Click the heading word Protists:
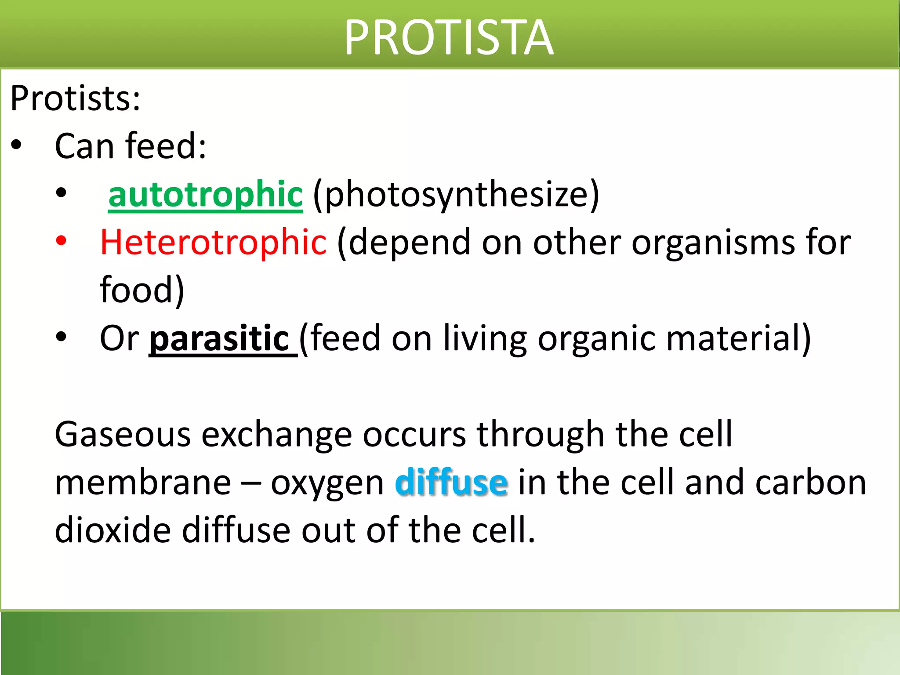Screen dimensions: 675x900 75,98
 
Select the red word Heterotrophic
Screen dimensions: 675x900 213,242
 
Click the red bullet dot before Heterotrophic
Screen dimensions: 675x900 61,240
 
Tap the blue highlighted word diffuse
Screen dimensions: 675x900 451,483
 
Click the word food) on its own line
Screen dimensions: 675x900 142,290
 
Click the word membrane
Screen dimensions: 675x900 143,483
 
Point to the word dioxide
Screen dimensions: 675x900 112,530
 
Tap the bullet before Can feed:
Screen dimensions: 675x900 16,145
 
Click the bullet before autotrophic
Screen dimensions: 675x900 61,192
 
